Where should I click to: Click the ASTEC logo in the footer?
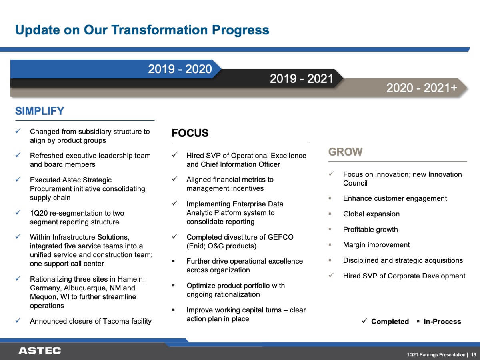(x=40, y=351)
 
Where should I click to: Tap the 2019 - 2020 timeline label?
(x=180, y=69)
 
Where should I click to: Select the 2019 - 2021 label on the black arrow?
(x=302, y=78)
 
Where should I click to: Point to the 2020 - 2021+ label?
(x=422, y=88)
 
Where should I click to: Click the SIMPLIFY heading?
(x=40, y=111)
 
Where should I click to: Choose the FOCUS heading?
(x=190, y=133)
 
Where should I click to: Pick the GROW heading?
(x=345, y=152)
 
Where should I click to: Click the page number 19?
(x=474, y=354)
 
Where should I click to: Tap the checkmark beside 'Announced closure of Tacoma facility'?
(x=18, y=320)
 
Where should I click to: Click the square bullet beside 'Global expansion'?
(x=330, y=214)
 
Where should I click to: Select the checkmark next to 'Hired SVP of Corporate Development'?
(x=331, y=275)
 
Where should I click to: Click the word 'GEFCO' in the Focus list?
(x=280, y=237)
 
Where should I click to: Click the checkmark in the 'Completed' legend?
(x=364, y=321)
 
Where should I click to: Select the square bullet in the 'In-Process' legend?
(x=418, y=322)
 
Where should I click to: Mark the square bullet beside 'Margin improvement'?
(x=330, y=244)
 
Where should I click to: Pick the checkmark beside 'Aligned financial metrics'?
(x=174, y=179)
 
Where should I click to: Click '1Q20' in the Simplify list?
(x=38, y=213)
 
